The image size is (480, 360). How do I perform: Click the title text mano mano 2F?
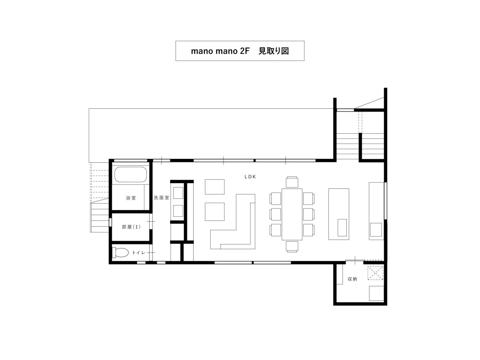click(220, 51)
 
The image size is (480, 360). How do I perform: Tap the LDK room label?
click(250, 177)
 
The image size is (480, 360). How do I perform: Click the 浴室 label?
click(131, 198)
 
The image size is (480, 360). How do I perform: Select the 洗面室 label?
click(161, 198)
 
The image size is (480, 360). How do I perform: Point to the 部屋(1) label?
click(131, 227)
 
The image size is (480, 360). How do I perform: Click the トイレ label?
click(138, 253)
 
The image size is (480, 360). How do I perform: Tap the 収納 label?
click(352, 279)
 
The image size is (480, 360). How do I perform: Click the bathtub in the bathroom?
click(130, 174)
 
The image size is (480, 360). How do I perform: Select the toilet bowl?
click(120, 252)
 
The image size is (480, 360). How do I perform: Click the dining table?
click(292, 214)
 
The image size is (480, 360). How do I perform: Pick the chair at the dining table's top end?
click(292, 182)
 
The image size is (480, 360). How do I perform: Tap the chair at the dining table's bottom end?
click(292, 246)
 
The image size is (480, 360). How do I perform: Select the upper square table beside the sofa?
click(214, 187)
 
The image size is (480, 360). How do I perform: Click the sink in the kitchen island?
click(342, 228)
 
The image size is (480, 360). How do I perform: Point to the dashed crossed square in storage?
click(375, 273)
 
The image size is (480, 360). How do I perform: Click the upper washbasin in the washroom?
click(178, 193)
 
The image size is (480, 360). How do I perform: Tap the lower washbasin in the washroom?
click(178, 211)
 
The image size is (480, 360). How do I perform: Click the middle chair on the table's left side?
click(275, 214)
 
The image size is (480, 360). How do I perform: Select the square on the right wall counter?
click(376, 230)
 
